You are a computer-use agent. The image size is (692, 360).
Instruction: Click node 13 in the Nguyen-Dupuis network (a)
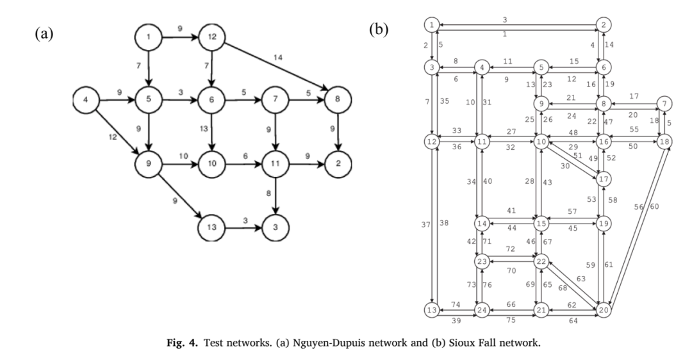212,228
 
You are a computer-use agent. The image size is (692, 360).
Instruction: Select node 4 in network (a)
86,100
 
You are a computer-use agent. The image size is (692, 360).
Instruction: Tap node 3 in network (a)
276,228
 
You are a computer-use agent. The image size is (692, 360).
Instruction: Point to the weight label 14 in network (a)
277,57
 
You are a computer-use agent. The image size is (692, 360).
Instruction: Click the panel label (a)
44,34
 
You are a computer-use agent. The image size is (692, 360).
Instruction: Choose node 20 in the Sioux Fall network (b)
604,310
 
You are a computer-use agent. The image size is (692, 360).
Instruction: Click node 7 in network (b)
664,104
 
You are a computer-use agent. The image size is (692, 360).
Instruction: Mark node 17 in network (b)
604,179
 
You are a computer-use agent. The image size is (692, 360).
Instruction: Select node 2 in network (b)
604,25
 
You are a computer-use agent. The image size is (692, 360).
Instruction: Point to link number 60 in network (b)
654,206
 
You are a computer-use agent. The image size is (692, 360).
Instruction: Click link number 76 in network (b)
487,285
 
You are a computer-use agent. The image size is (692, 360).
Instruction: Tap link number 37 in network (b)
425,224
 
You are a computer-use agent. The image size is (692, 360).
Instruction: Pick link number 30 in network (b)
565,166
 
